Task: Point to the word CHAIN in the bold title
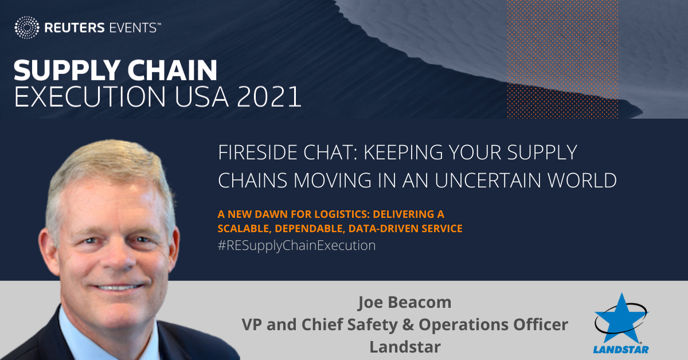coord(174,72)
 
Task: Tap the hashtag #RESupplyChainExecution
coord(296,246)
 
